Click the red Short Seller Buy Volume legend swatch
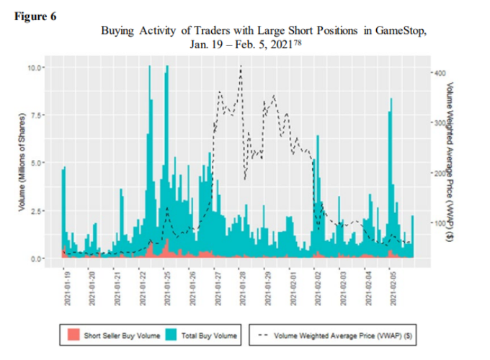[x=72, y=335]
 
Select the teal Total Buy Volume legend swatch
[x=172, y=335]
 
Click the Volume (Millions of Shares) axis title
[x=22, y=162]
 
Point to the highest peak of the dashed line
[x=240, y=67]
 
